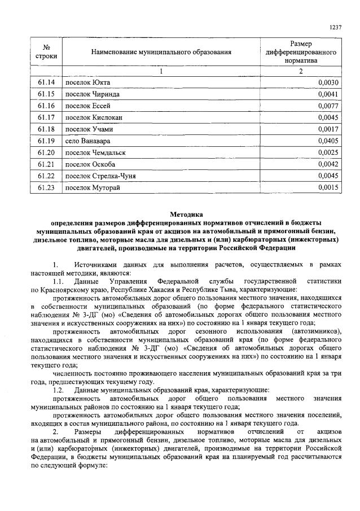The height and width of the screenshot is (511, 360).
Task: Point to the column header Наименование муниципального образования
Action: point(161,53)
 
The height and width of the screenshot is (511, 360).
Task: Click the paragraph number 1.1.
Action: point(58,281)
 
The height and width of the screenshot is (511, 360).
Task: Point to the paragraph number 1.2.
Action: point(58,390)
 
